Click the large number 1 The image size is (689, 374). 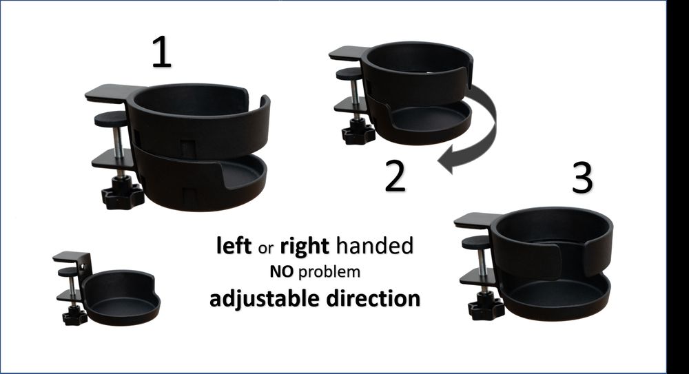[x=161, y=52]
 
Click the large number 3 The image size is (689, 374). [x=582, y=178]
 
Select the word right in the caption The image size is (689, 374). [x=302, y=246]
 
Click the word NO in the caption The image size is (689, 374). [x=281, y=272]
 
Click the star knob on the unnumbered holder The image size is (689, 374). [x=74, y=315]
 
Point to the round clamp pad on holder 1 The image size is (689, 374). [x=112, y=120]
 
